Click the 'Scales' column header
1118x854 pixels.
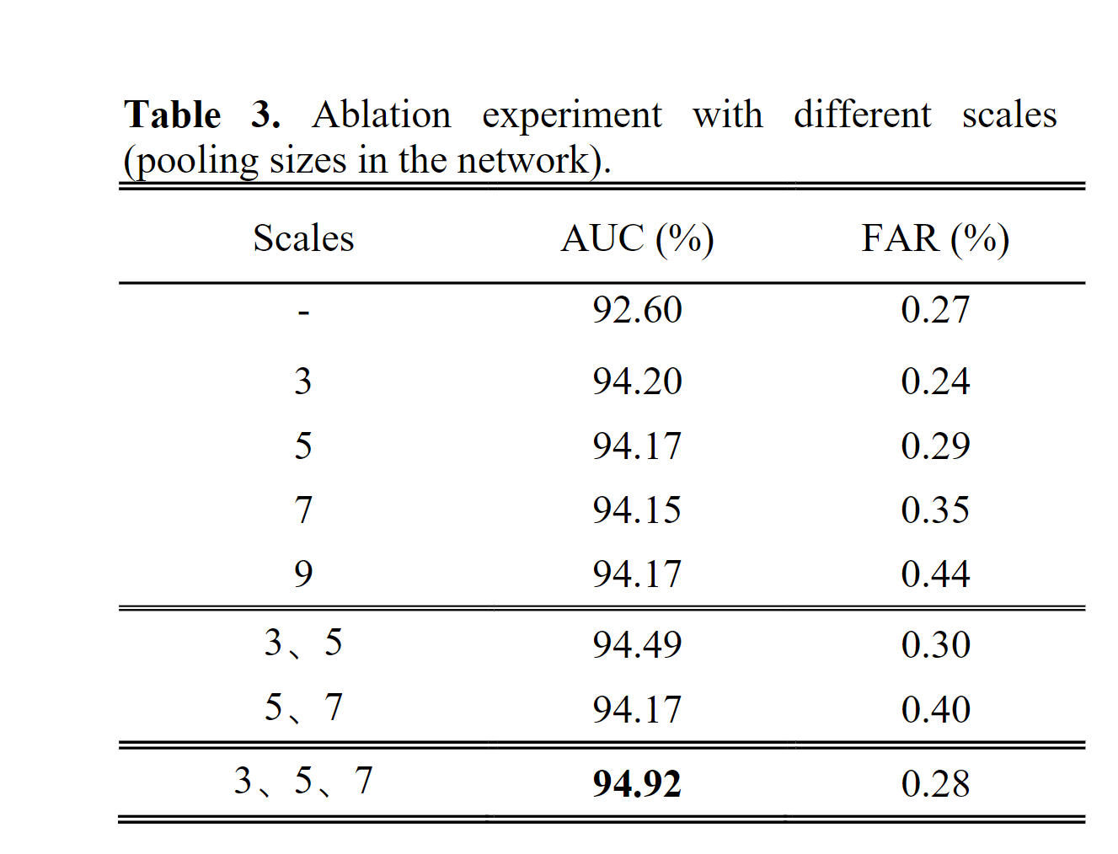[303, 238]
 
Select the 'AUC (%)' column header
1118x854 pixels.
[637, 238]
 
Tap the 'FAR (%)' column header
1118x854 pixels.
[935, 238]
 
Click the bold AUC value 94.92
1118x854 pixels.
[637, 783]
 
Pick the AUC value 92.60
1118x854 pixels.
[637, 310]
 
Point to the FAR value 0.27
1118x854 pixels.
[935, 310]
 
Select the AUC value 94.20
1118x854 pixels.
[637, 382]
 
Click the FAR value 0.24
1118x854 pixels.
[935, 382]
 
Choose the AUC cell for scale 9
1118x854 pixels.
[637, 574]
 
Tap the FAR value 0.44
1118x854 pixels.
[935, 574]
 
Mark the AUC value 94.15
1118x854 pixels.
[637, 510]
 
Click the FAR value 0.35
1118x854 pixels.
[935, 510]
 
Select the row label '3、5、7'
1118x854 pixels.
[303, 781]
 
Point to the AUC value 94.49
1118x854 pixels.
[637, 645]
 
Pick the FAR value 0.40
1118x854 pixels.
[935, 709]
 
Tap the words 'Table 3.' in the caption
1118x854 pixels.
[202, 115]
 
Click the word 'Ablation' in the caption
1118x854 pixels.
[382, 115]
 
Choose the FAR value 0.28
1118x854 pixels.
[935, 783]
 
